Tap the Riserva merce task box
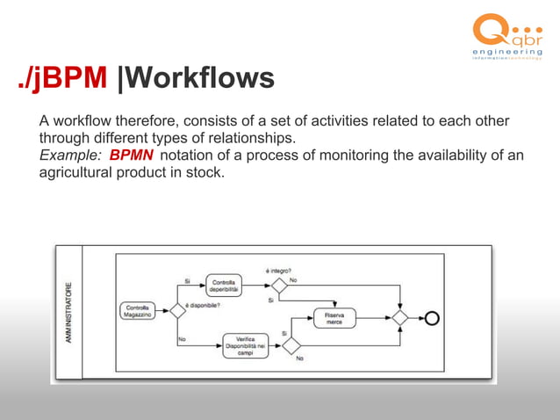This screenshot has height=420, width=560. [334, 318]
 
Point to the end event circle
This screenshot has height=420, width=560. [432, 318]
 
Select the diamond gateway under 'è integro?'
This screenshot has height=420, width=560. [279, 285]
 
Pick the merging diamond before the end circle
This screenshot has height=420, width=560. [400, 318]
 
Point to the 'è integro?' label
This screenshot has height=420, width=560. [279, 270]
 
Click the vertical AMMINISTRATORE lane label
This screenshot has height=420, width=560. [68, 311]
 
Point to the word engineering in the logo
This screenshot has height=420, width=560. [507, 54]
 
